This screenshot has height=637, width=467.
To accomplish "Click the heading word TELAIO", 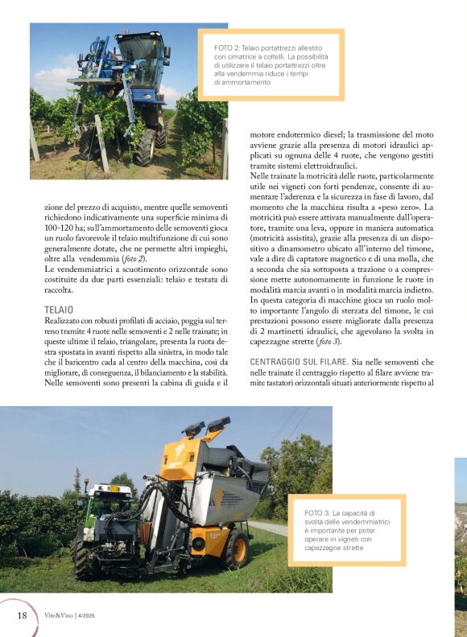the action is tap(58, 309).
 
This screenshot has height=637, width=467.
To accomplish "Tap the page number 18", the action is tap(22, 615).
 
